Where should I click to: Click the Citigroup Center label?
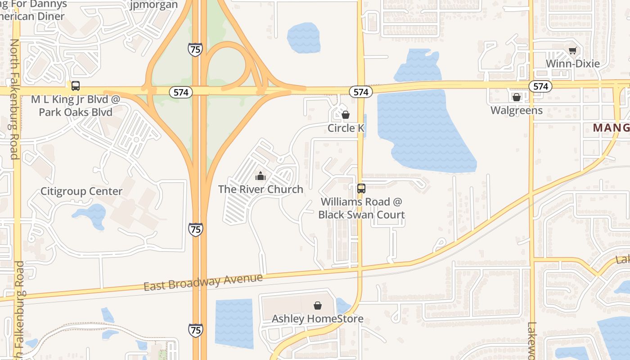[81, 191]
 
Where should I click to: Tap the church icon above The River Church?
[260, 176]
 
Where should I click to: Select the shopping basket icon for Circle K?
[346, 115]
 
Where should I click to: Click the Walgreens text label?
[516, 110]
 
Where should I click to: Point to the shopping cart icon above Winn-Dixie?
[572, 50]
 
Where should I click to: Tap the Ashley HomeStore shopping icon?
[318, 306]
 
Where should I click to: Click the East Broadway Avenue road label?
[203, 282]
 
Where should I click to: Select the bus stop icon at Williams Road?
[361, 189]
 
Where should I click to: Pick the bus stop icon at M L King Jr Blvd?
[75, 86]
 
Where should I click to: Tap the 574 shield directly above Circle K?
[360, 92]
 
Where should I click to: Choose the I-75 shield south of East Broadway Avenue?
[196, 330]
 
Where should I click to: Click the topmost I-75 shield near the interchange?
[195, 49]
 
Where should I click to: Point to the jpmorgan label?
[153, 5]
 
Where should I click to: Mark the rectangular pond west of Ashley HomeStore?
[234, 323]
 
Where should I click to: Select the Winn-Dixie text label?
[572, 63]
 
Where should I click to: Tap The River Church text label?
[261, 189]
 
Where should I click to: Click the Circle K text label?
[346, 128]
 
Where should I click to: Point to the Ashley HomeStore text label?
[317, 319]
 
